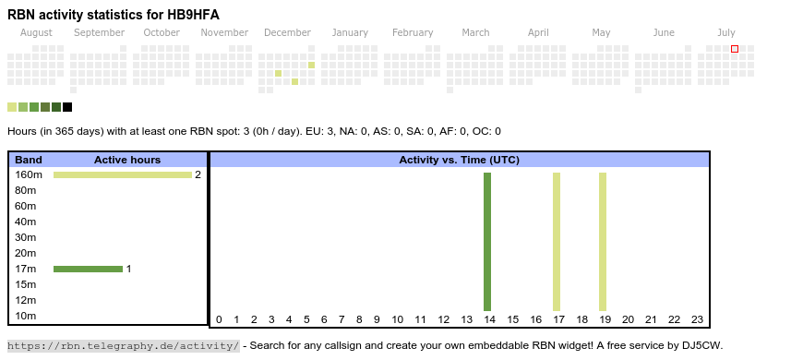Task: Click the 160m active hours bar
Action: (123, 175)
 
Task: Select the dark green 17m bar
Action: (88, 269)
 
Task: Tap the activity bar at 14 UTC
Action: (487, 242)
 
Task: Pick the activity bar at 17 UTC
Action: (557, 242)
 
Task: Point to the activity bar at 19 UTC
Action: (602, 242)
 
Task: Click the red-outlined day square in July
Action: (735, 49)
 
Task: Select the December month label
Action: (287, 33)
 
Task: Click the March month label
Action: (475, 33)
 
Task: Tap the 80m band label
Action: (26, 190)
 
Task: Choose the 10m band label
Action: (26, 316)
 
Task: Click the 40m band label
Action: (26, 222)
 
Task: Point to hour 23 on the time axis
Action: (697, 319)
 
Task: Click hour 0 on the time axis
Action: (219, 319)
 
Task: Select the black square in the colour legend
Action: (67, 107)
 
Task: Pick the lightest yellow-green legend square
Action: (12, 107)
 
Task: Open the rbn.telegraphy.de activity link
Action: (124, 345)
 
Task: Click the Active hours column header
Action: (127, 160)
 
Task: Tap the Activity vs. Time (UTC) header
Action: (460, 160)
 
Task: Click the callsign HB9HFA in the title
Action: (194, 15)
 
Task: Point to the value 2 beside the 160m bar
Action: (198, 175)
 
